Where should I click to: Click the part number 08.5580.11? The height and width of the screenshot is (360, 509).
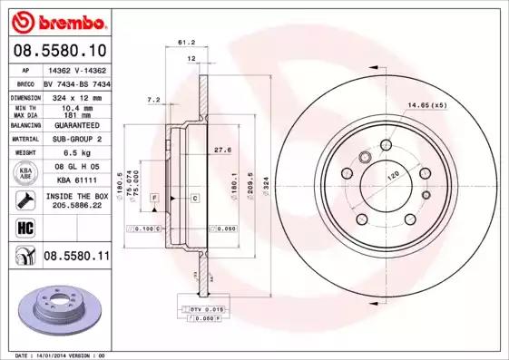tap(77, 258)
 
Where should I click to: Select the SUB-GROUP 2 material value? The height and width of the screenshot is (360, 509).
tap(76, 139)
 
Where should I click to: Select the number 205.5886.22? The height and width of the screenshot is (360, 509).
tap(76, 206)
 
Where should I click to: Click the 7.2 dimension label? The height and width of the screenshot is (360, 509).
tap(153, 99)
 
